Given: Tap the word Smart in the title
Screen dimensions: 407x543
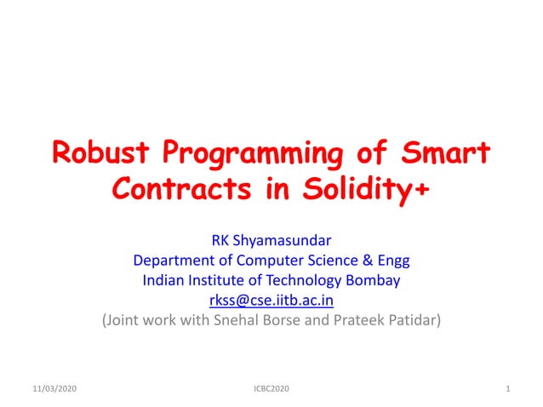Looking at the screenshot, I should click(443, 156).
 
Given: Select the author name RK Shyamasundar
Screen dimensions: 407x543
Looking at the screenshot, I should click(271, 240).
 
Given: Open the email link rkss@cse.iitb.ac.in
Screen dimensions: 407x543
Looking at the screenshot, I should click(271, 301).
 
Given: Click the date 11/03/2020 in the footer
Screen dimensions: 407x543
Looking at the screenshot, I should click(49, 389).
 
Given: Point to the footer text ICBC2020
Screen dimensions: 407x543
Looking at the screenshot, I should click(271, 389).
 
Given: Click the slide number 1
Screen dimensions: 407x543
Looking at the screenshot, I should click(507, 389).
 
